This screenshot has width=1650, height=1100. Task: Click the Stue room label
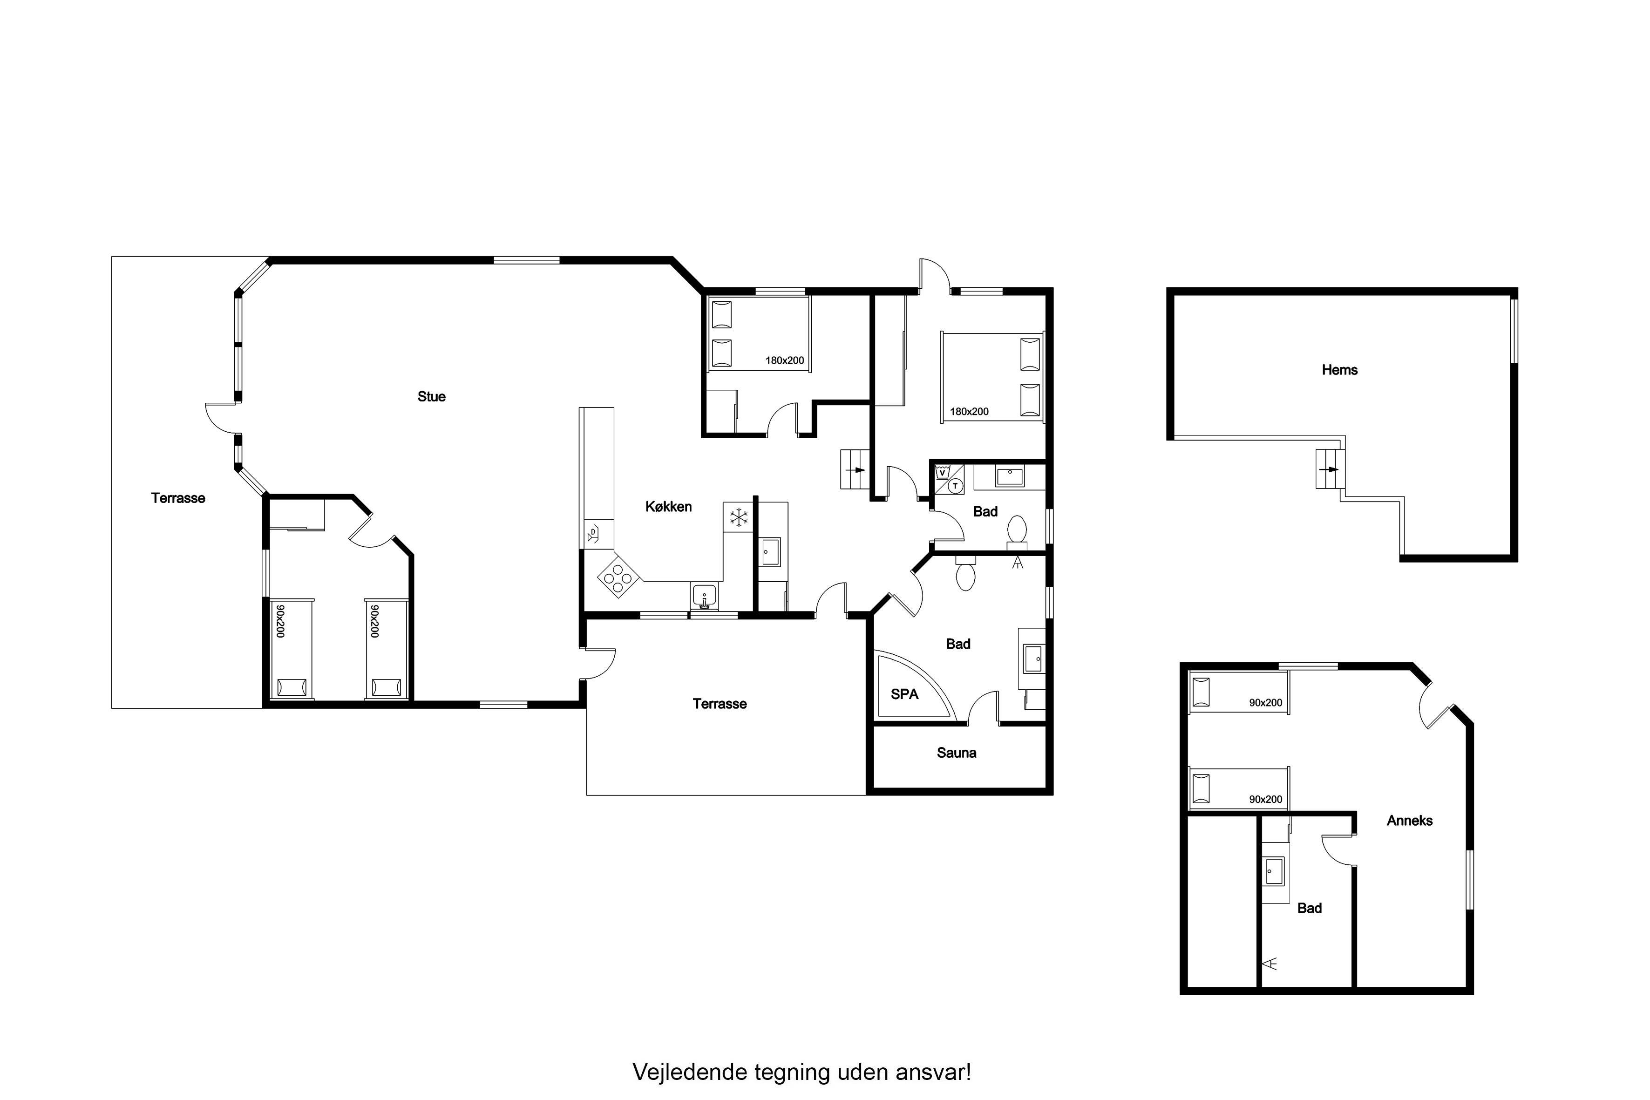click(431, 396)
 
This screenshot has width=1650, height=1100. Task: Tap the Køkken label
click(669, 507)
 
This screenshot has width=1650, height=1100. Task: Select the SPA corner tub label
click(904, 694)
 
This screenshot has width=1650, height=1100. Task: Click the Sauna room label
click(956, 753)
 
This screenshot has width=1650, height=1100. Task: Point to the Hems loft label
click(1339, 370)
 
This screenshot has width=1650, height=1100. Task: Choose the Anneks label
click(1409, 820)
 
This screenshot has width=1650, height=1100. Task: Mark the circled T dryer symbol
click(955, 485)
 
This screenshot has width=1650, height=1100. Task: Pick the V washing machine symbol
click(942, 473)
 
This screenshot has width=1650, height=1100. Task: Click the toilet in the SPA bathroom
click(966, 575)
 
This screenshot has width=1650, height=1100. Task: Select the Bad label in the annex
click(1309, 908)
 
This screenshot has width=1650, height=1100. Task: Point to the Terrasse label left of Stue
click(178, 498)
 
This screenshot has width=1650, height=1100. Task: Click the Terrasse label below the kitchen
click(720, 704)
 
